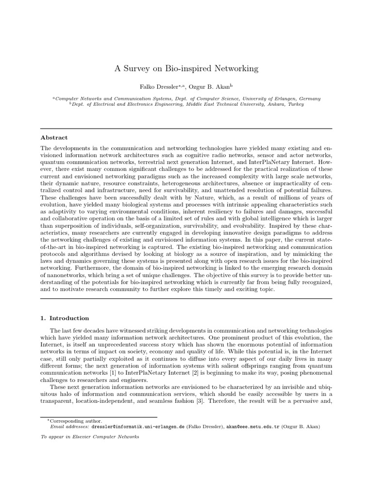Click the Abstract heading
click(54, 137)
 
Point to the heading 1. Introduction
click(65, 318)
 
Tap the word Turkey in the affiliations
click(295, 103)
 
